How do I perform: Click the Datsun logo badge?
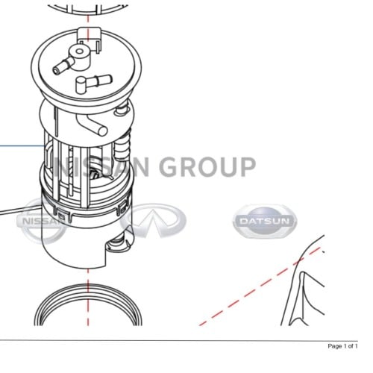click(265, 221)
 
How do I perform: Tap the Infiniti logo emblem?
click(153, 220)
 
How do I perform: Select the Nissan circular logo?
click(43, 221)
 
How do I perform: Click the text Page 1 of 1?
click(342, 346)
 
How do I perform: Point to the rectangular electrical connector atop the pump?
click(90, 37)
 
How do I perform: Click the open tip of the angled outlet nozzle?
click(56, 71)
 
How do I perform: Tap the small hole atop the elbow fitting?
click(79, 51)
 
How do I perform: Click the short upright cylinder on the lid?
click(81, 85)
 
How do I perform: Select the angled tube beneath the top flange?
click(92, 125)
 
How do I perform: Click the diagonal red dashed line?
click(260, 286)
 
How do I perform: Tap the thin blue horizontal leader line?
click(22, 146)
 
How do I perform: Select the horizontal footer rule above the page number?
click(179, 340)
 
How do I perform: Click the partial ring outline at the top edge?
click(87, 11)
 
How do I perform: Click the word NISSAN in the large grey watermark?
click(101, 166)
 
